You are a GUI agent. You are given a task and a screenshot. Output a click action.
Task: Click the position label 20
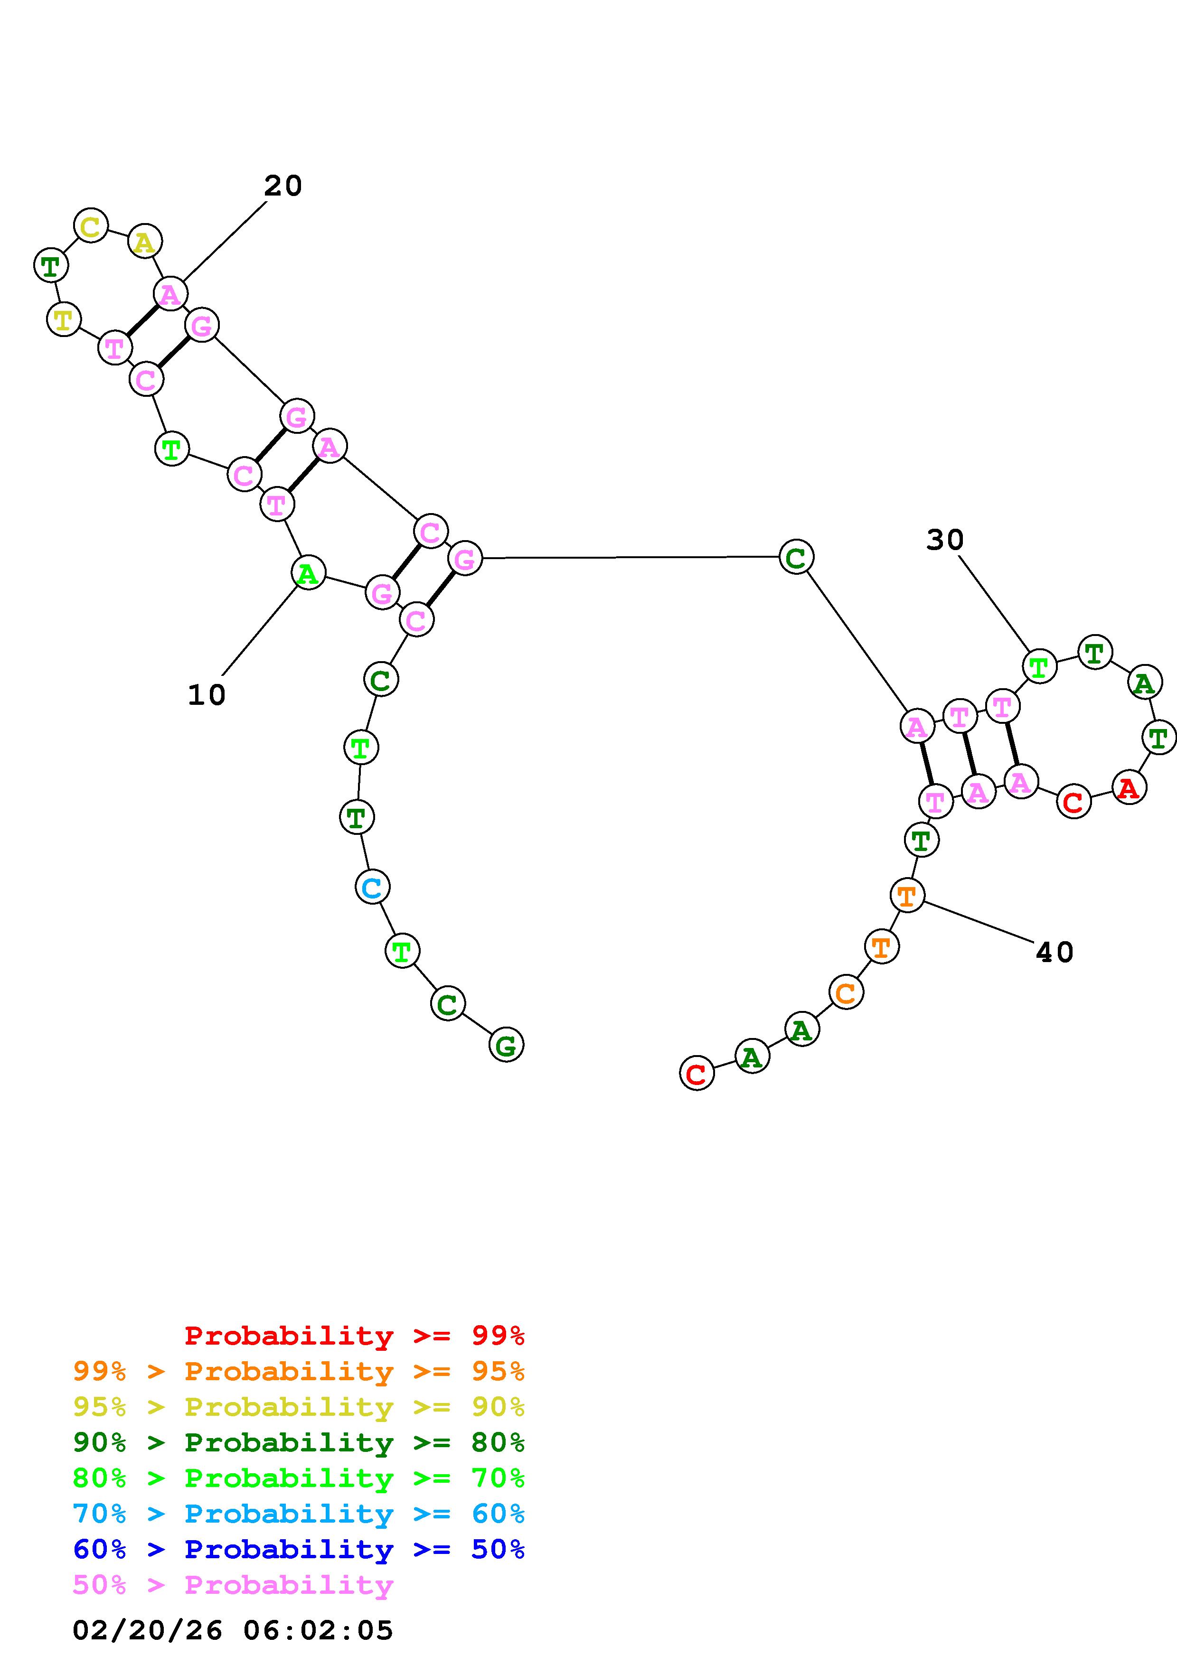pyautogui.click(x=282, y=187)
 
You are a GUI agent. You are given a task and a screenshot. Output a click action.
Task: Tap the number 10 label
pyautogui.click(x=207, y=695)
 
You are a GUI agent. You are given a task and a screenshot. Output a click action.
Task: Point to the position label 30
pyautogui.click(x=944, y=540)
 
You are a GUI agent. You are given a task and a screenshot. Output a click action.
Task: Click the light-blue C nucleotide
pyautogui.click(x=373, y=887)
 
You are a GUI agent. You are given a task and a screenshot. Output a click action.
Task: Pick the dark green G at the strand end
pyautogui.click(x=506, y=1045)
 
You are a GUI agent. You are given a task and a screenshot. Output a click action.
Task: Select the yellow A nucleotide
pyautogui.click(x=145, y=242)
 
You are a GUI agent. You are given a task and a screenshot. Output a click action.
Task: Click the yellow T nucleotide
pyautogui.click(x=64, y=318)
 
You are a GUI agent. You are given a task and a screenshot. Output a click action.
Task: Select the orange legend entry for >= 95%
pyautogui.click(x=298, y=1371)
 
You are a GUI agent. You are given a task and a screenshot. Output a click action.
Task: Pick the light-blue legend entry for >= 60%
pyautogui.click(x=298, y=1514)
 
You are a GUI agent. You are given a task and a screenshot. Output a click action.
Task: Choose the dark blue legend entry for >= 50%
pyautogui.click(x=298, y=1549)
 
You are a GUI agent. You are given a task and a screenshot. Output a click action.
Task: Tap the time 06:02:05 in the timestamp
pyautogui.click(x=318, y=1630)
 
